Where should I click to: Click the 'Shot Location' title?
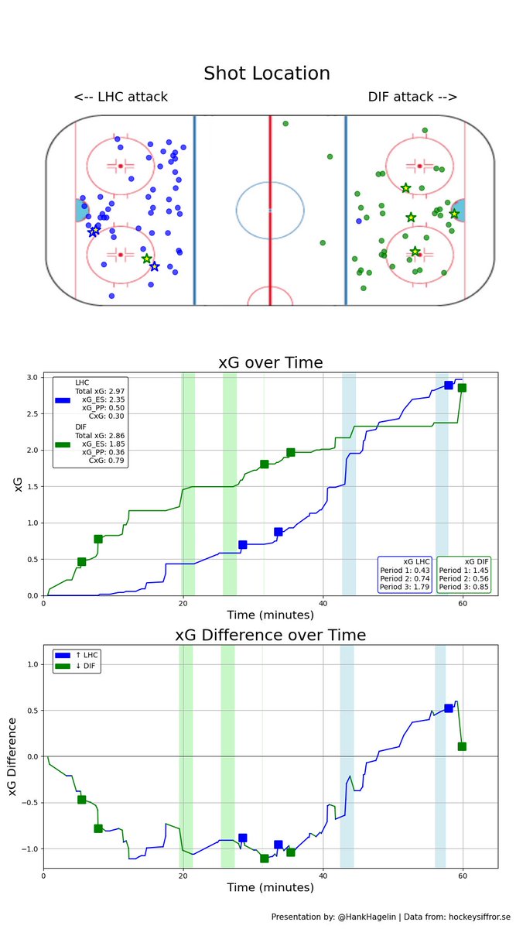click(266, 74)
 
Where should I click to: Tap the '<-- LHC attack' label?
click(121, 97)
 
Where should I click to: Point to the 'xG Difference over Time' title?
click(270, 636)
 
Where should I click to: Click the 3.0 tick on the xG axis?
click(32, 377)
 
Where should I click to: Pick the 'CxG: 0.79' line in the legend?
click(108, 461)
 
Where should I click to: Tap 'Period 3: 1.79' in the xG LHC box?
click(405, 588)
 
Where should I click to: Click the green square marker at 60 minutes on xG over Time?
click(462, 388)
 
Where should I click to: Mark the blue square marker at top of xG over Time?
click(449, 385)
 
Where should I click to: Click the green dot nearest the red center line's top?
click(285, 124)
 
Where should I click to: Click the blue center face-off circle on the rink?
click(269, 211)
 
